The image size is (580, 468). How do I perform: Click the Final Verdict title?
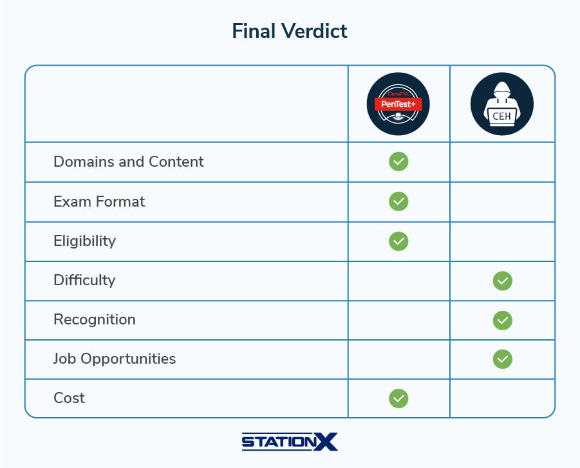pyautogui.click(x=290, y=31)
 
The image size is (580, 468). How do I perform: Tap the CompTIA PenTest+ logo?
pyautogui.click(x=398, y=104)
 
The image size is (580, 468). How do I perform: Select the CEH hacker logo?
pyautogui.click(x=502, y=104)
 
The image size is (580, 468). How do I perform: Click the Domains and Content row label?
pyautogui.click(x=129, y=162)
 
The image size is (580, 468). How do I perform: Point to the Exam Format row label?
pyautogui.click(x=99, y=201)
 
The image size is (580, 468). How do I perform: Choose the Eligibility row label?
pyautogui.click(x=84, y=241)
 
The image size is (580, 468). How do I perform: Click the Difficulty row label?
pyautogui.click(x=84, y=280)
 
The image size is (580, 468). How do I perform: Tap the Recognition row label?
pyautogui.click(x=95, y=319)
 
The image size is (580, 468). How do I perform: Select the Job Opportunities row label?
pyautogui.click(x=115, y=359)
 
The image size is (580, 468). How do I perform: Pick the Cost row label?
pyautogui.click(x=69, y=398)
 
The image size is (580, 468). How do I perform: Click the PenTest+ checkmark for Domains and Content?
pyautogui.click(x=398, y=162)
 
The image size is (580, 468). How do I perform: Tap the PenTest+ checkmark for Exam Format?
pyautogui.click(x=398, y=201)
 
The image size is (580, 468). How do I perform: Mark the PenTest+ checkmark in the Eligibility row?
pyautogui.click(x=398, y=241)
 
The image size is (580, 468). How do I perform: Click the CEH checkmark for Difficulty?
pyautogui.click(x=502, y=281)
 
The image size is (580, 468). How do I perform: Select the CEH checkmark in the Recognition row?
pyautogui.click(x=502, y=320)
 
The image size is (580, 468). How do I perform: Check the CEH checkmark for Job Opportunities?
pyautogui.click(x=502, y=359)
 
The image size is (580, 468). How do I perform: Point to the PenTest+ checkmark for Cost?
pyautogui.click(x=398, y=398)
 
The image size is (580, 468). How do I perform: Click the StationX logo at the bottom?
pyautogui.click(x=290, y=442)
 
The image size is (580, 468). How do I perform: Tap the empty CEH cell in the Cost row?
pyautogui.click(x=502, y=398)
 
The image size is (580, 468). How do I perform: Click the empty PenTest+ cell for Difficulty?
pyautogui.click(x=398, y=281)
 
